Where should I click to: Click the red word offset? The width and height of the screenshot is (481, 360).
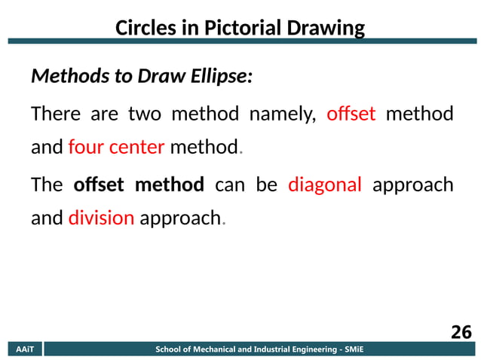coord(351,114)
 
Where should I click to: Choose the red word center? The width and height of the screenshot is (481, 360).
coord(136,147)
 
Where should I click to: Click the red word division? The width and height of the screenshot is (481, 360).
coord(101,218)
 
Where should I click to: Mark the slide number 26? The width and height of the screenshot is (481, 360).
coord(461,332)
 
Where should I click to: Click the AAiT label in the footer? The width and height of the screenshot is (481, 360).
coord(25,349)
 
